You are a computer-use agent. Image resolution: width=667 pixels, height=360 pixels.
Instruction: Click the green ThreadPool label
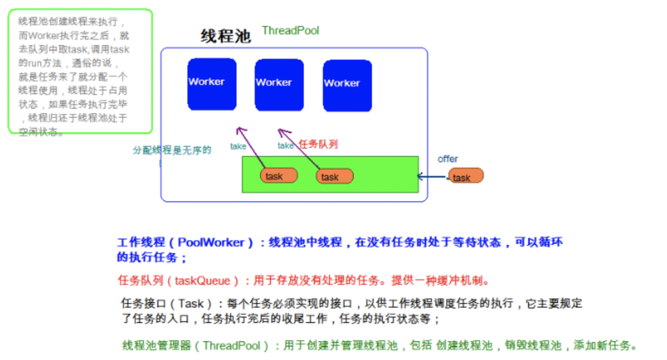(x=290, y=31)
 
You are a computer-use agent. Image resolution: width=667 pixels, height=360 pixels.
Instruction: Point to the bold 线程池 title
(x=226, y=36)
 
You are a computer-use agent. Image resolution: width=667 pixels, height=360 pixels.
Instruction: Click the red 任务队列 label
(x=318, y=144)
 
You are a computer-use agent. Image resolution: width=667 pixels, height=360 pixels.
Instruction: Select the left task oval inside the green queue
(x=279, y=176)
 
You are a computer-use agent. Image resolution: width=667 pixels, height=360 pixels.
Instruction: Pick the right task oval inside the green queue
(x=334, y=177)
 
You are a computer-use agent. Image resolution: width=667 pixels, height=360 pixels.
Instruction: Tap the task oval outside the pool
(x=465, y=176)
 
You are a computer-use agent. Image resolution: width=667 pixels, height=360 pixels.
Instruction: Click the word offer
(x=448, y=159)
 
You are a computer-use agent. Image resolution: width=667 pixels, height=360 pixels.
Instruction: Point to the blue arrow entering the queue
(x=432, y=177)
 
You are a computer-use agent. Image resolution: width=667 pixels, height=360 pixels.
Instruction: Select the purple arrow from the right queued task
(x=299, y=148)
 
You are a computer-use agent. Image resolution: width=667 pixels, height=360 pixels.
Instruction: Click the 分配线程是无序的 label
(x=172, y=150)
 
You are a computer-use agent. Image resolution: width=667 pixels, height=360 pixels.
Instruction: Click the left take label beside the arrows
(x=238, y=147)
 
